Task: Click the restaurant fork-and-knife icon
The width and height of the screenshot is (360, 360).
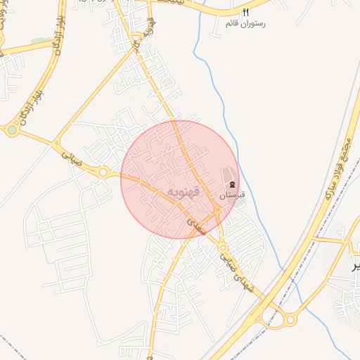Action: click(x=245, y=13)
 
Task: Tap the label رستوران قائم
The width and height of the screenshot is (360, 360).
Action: click(x=245, y=23)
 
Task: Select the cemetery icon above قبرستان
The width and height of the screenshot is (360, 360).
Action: click(x=233, y=184)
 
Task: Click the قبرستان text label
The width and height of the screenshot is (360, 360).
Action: click(x=233, y=194)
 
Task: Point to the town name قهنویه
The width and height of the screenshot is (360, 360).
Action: click(x=185, y=192)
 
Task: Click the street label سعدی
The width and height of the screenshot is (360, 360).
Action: click(x=196, y=224)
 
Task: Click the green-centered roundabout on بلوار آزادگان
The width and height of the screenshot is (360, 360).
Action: click(x=12, y=130)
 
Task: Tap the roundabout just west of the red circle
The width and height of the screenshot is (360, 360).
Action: click(x=103, y=172)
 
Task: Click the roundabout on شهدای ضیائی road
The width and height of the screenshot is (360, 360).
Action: click(x=223, y=247)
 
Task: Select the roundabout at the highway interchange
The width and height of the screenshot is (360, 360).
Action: click(x=290, y=321)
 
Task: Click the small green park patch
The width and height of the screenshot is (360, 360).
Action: click(x=40, y=41)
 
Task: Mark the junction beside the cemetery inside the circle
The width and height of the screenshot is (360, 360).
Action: click(x=218, y=209)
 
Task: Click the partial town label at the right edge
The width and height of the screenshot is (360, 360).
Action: click(x=355, y=265)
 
